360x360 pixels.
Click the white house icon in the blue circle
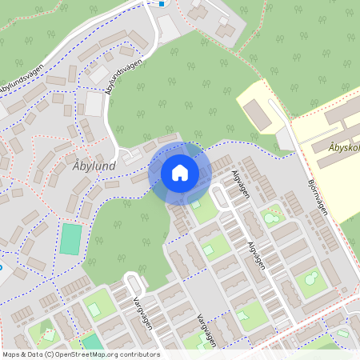180,173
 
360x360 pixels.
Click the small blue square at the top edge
162,2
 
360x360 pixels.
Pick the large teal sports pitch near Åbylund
71,238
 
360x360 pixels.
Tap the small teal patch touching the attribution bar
91,342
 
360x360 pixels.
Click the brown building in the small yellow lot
258,114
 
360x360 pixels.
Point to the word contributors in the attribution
138,354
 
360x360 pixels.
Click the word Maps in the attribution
11,354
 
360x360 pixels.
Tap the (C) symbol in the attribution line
50,354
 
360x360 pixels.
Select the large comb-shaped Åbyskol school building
336,132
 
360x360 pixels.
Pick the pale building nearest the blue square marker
168,29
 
